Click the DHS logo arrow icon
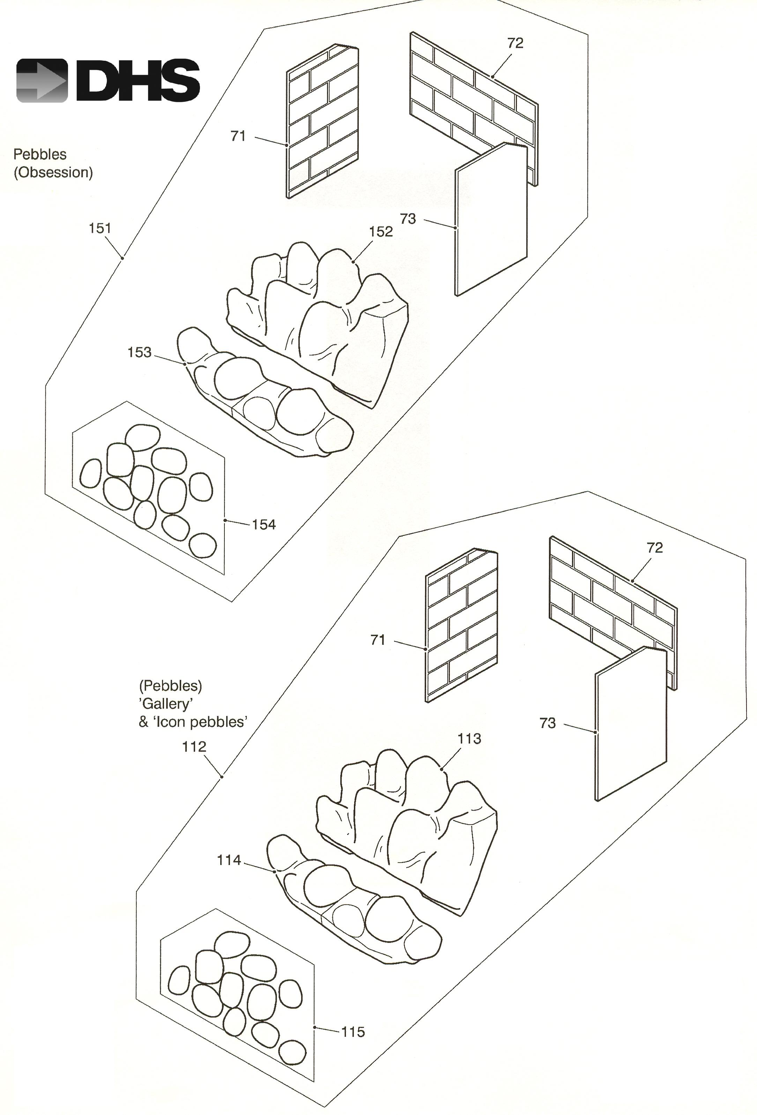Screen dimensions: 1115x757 point(42,81)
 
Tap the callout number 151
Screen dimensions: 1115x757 point(100,228)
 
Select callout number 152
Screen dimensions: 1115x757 point(381,232)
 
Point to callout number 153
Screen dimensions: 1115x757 point(139,353)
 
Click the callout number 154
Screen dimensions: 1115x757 point(264,525)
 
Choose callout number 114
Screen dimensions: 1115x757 point(229,860)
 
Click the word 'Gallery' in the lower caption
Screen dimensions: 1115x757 point(166,704)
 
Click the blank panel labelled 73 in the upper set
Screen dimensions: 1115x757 point(491,221)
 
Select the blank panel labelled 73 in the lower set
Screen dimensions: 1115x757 point(630,724)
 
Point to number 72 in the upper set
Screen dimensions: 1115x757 point(515,43)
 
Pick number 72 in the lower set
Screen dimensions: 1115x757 point(654,548)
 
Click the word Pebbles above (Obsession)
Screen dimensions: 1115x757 point(40,155)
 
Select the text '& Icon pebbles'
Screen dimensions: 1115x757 point(193,722)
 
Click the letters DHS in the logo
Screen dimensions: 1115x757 point(138,81)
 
